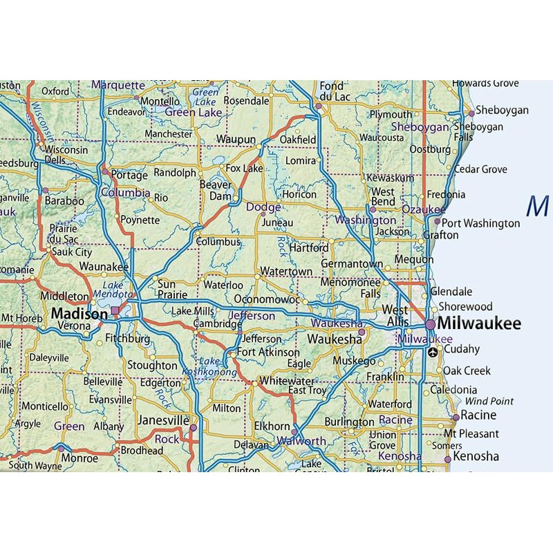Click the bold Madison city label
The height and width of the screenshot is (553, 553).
coord(79,314)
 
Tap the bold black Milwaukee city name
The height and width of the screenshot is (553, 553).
coord(479,324)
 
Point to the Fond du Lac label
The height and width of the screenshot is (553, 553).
coord(332,92)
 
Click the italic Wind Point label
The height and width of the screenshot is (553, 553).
coord(489,401)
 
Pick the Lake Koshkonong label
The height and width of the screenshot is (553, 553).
coord(209,366)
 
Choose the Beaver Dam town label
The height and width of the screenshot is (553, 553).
coord(216,190)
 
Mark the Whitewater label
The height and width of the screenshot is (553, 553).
coord(286,381)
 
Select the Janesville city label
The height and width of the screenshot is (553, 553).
coord(163,420)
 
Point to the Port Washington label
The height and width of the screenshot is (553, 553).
coord(480,223)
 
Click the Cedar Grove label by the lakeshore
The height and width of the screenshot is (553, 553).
coord(480,169)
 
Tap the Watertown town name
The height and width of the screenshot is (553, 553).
coord(286,272)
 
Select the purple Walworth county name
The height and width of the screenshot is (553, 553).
coord(301,441)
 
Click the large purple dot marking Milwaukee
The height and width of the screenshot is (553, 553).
coord(430,324)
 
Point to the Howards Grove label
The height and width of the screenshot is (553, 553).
coord(485,84)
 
